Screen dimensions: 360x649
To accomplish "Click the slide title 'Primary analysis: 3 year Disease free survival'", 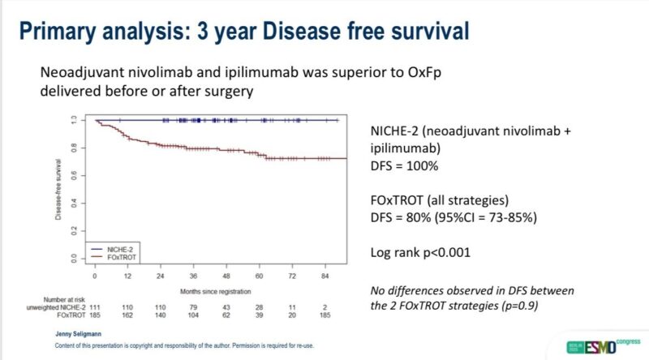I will point(243,32).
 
